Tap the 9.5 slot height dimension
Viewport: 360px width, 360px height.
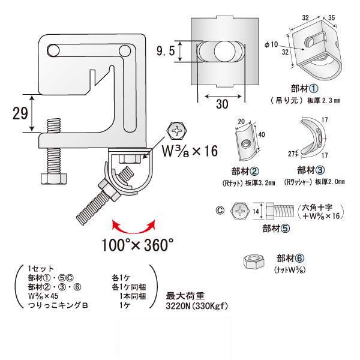coord(167,52)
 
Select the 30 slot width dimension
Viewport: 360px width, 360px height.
coord(221,104)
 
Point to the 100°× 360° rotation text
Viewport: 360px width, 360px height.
coord(137,244)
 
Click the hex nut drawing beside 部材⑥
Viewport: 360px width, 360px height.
coord(254,262)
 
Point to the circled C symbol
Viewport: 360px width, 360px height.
coord(220,210)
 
